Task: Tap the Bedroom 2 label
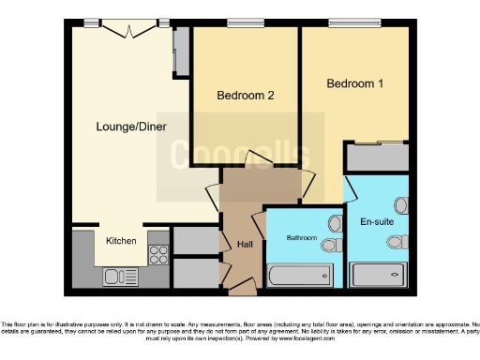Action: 245,96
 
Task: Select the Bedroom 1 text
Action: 354,84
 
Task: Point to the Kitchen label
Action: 120,241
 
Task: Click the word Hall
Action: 245,245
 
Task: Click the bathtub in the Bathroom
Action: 299,276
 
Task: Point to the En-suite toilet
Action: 396,242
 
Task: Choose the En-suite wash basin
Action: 401,204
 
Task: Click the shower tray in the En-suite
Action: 380,276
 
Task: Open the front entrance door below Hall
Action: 242,292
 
